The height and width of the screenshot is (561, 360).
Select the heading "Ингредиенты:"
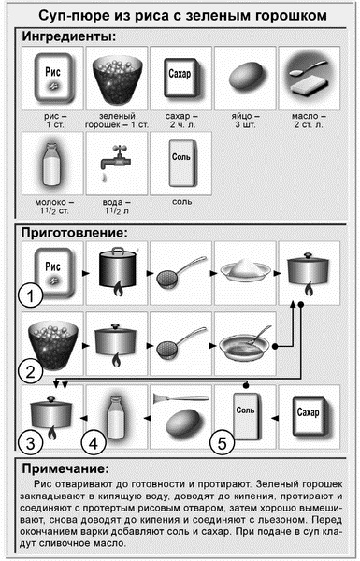[69, 36]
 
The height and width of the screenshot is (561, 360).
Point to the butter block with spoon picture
[309, 78]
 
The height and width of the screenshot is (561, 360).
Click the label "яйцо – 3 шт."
[245, 121]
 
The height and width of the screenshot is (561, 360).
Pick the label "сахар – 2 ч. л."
[181, 121]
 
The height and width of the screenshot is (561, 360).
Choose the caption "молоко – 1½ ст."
[54, 207]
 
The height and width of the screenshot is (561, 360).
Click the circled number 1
[31, 295]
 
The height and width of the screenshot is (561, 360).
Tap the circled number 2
[31, 371]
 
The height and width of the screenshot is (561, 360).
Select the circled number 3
[31, 443]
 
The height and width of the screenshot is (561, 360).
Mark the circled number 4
[94, 443]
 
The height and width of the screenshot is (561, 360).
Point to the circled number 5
[222, 443]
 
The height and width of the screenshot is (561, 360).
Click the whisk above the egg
[181, 398]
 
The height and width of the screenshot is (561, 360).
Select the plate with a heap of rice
[245, 270]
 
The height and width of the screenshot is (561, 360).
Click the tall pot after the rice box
[118, 271]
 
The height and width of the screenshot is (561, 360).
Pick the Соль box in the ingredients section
[181, 163]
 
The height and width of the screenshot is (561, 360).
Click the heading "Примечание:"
[65, 468]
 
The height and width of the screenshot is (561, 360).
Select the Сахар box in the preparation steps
[310, 416]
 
